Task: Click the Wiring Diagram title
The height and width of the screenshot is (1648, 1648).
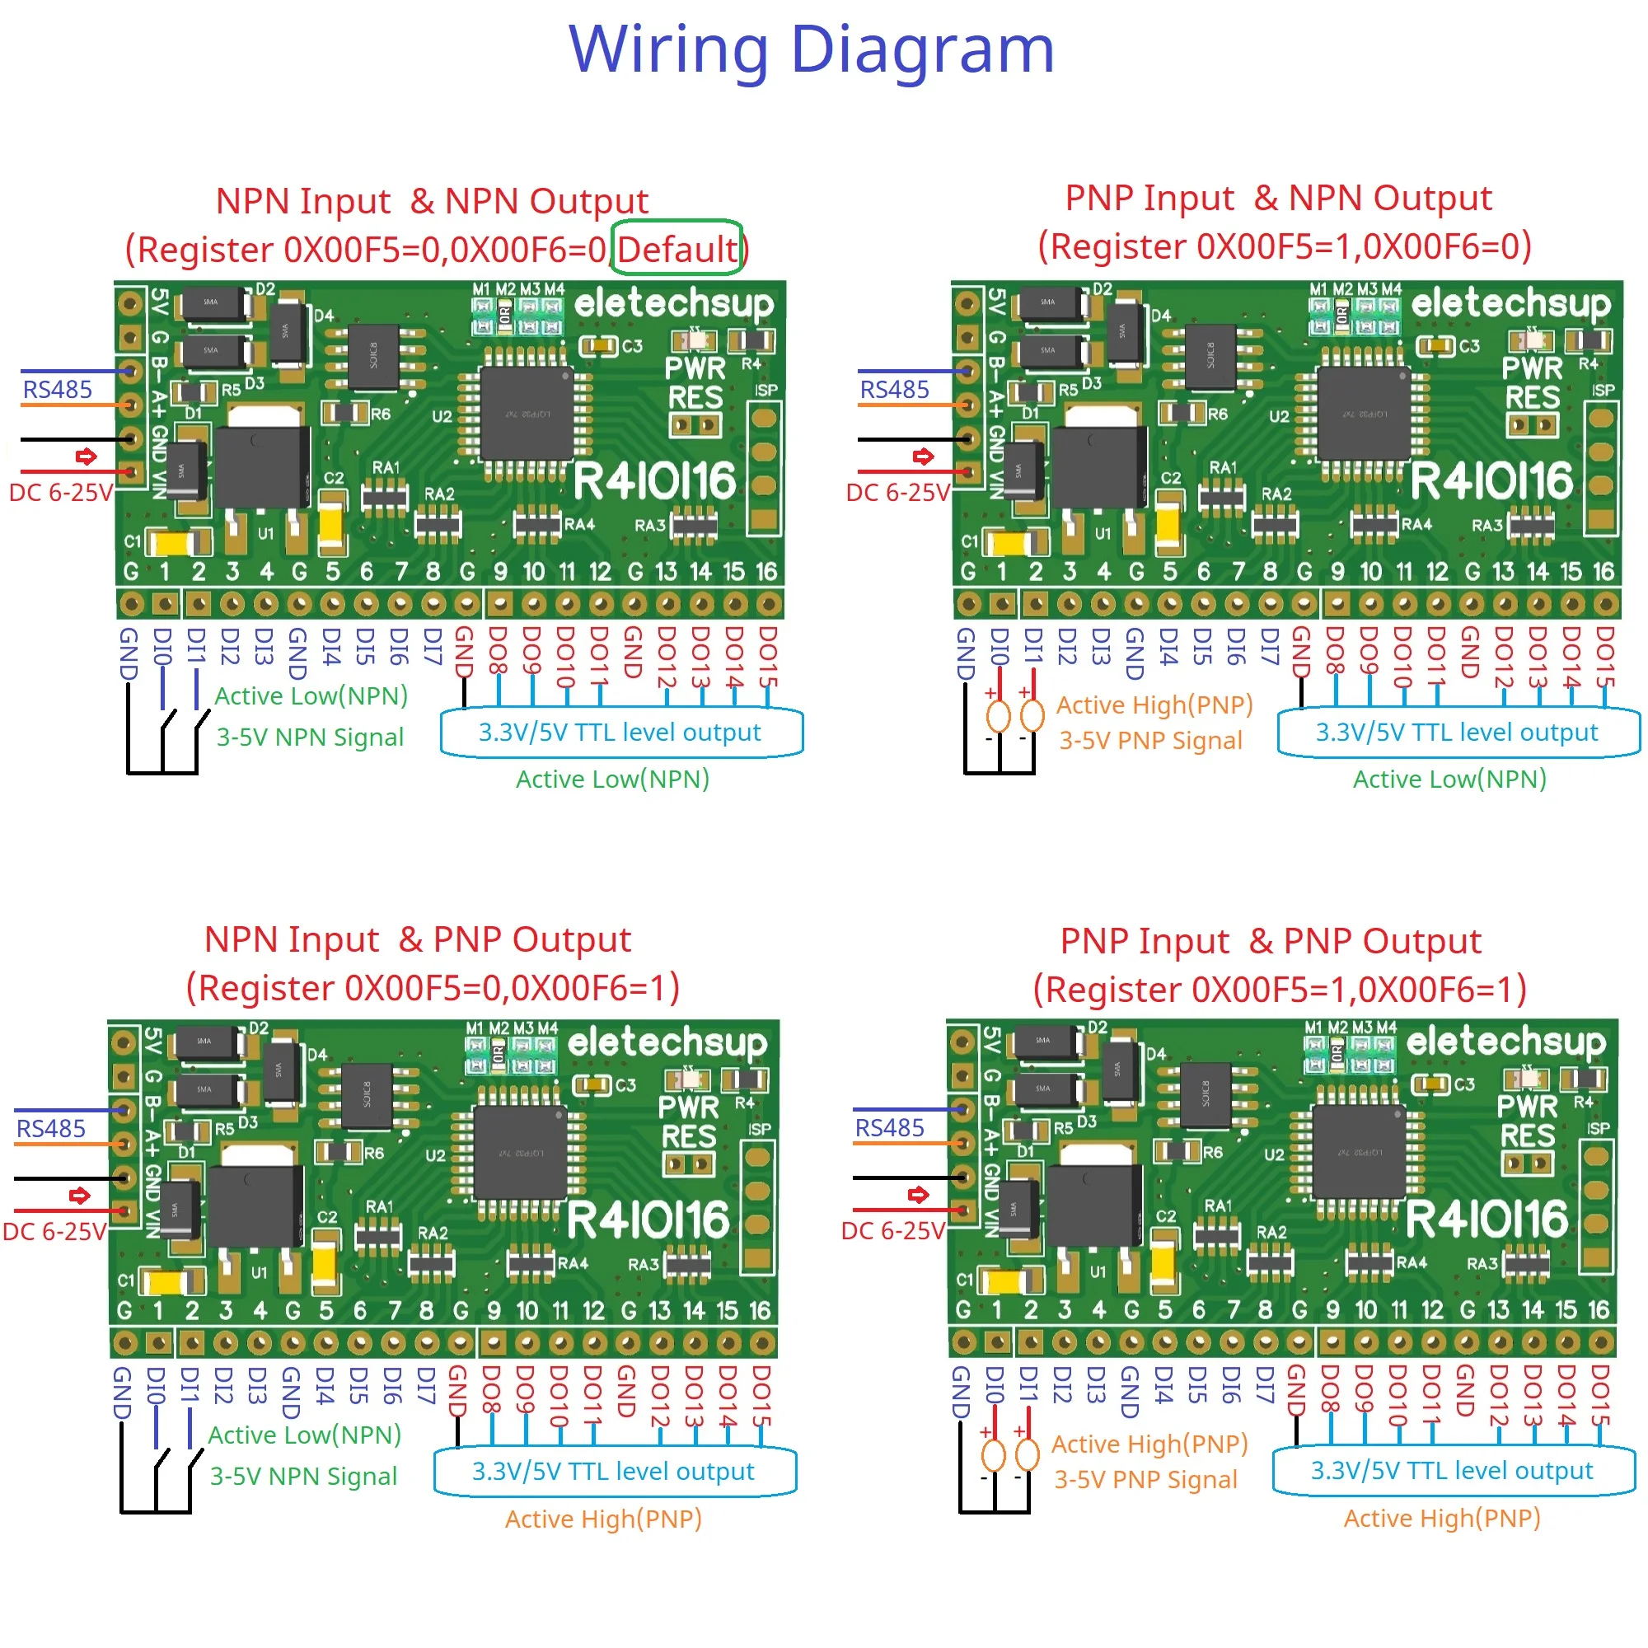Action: [x=811, y=49]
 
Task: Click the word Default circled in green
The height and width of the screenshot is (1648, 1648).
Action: [x=677, y=249]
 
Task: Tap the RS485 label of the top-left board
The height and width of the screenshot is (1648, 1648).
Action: [x=57, y=390]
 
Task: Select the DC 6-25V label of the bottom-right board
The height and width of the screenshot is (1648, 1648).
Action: [x=892, y=1231]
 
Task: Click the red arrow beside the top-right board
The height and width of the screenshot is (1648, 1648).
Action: [x=923, y=456]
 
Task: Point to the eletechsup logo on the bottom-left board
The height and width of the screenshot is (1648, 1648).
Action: [x=667, y=1042]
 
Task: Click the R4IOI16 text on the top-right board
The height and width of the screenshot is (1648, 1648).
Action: [x=1491, y=481]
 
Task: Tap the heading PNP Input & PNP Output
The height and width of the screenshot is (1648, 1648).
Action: [x=1270, y=942]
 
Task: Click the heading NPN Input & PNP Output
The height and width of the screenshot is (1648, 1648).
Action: [x=417, y=940]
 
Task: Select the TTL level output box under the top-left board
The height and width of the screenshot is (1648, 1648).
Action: [x=620, y=733]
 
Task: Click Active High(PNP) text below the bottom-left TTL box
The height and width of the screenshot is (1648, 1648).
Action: [x=603, y=1519]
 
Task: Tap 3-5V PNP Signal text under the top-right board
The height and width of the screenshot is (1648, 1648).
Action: [x=1149, y=741]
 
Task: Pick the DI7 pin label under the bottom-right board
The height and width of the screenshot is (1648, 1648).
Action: [x=1263, y=1385]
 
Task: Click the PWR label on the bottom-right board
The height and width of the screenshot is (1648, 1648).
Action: [x=1527, y=1107]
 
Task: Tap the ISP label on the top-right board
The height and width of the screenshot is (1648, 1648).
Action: [x=1603, y=390]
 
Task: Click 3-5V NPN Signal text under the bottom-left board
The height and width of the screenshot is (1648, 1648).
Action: [x=304, y=1477]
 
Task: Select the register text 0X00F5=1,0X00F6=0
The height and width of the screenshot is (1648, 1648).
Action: [x=1285, y=246]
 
